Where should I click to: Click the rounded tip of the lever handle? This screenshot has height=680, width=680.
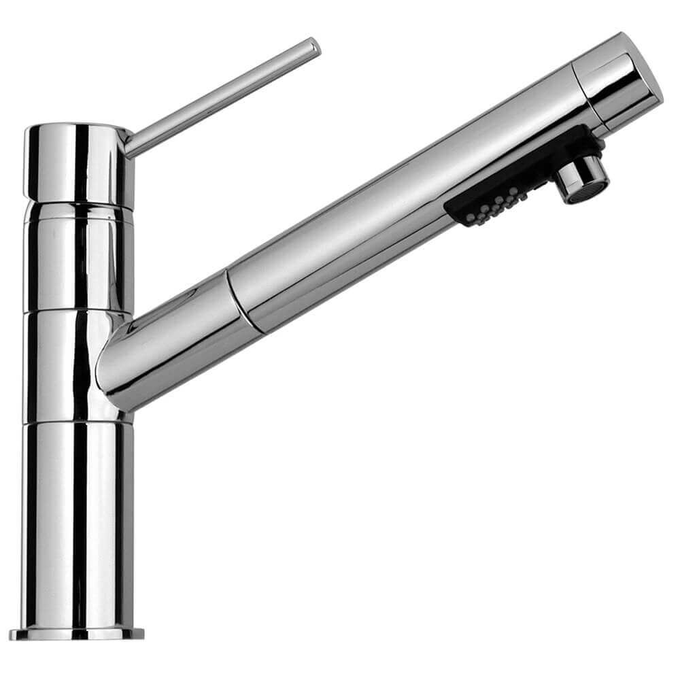coord(313,47)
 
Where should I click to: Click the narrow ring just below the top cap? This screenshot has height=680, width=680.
coord(78,213)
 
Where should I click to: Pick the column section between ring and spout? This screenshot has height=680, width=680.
coord(78,265)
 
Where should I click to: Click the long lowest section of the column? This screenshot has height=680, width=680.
coord(78,524)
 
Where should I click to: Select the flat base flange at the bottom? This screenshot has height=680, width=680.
coord(78,634)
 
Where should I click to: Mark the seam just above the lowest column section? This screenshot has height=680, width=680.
coord(78,422)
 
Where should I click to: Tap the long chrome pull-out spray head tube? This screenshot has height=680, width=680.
coord(401,204)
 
